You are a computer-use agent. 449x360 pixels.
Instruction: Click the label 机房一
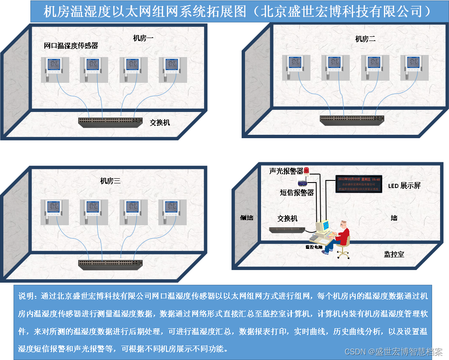pos(143,38)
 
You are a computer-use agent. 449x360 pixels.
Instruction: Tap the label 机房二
pos(365,39)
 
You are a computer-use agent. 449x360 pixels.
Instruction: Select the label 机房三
pos(110,181)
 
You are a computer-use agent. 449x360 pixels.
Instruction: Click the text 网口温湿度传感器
pos(71,46)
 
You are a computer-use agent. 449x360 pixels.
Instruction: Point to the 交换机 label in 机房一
pos(160,123)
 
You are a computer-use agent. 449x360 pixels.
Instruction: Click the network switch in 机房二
pos(352,120)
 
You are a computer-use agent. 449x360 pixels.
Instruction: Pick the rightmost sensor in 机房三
pos(173,209)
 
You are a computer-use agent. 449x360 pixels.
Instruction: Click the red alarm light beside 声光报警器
pos(307,170)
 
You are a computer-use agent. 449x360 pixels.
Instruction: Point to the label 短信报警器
pos(297,192)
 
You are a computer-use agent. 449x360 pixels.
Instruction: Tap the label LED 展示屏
pos(404,185)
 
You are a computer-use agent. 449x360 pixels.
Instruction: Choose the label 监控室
pos(394,254)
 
